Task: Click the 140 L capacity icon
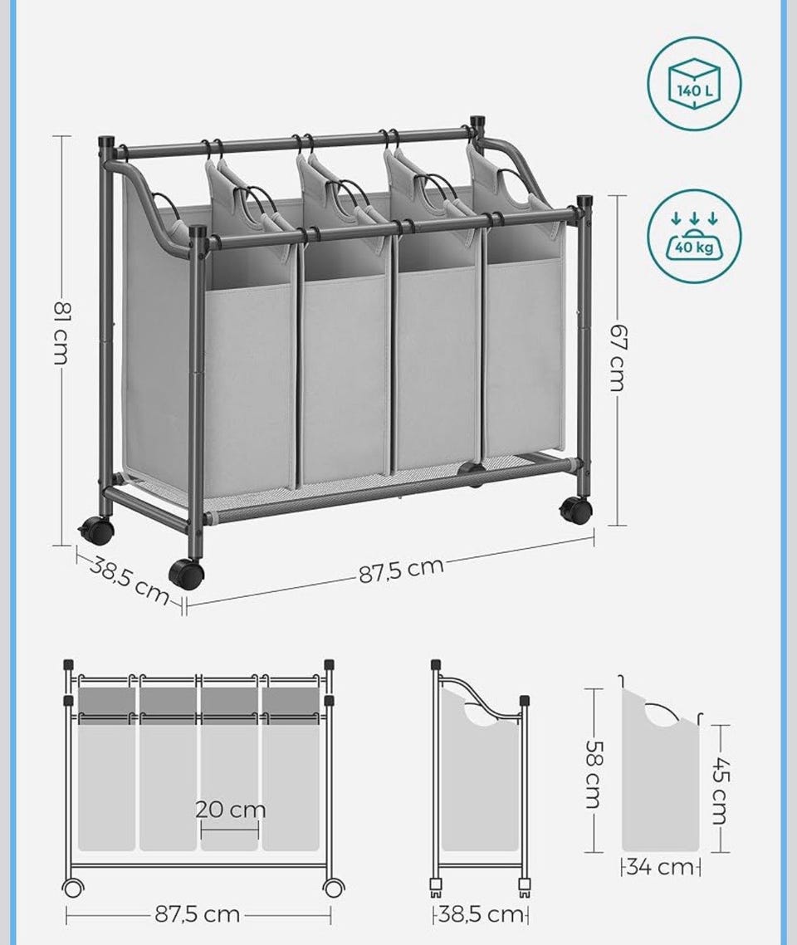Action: point(695,83)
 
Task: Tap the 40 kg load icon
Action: point(695,236)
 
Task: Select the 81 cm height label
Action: point(62,333)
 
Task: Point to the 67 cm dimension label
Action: point(618,357)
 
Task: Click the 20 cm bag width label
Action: point(230,810)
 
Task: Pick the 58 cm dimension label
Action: point(594,775)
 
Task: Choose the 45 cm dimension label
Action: point(721,790)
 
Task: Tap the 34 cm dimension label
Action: point(660,868)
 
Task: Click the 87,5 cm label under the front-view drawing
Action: point(198,914)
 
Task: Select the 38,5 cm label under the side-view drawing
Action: point(481,914)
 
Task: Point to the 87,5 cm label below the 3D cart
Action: point(401,570)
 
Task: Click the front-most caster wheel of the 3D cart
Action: point(185,574)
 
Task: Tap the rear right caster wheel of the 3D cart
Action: point(575,510)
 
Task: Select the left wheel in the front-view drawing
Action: point(73,888)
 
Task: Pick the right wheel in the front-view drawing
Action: point(333,888)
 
